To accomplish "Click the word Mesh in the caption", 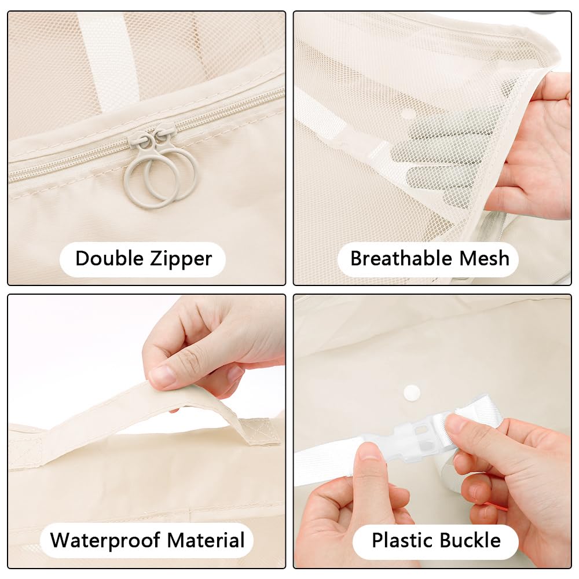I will [485, 258].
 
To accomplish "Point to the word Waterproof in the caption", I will [104, 540].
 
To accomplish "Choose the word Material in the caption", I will [206, 540].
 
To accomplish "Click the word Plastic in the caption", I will [401, 540].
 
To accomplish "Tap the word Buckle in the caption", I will [470, 540].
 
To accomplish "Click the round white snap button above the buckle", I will [412, 392].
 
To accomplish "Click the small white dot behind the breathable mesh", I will [408, 113].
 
